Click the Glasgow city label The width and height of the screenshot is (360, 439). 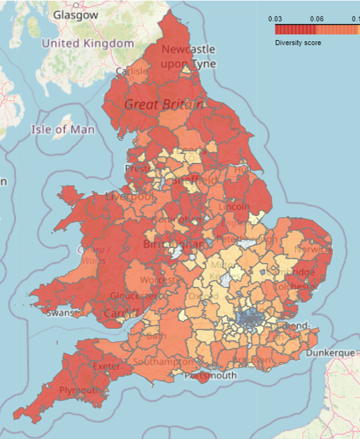(x=76, y=14)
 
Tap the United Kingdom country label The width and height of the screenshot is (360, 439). (x=88, y=43)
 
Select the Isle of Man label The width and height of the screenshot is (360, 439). (x=63, y=130)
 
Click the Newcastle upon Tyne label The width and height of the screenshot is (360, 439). (x=188, y=56)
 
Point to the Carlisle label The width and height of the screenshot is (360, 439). (x=132, y=71)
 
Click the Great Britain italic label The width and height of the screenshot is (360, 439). (x=164, y=105)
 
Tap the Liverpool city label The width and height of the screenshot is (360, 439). (x=129, y=197)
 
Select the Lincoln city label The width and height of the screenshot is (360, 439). (x=234, y=206)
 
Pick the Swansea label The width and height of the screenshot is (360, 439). (x=65, y=312)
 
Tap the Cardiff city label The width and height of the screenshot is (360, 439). (x=121, y=312)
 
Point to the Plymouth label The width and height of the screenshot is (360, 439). (x=79, y=390)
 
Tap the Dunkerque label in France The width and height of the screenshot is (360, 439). (x=331, y=353)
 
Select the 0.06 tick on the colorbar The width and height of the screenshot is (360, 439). (x=316, y=19)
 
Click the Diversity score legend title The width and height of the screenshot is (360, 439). (x=298, y=43)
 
